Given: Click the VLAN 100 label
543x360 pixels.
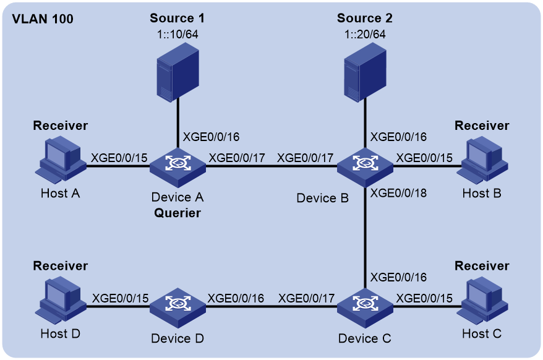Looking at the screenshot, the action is click(43, 19).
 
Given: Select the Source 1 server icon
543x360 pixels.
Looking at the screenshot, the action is click(177, 72).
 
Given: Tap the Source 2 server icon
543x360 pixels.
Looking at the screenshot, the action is click(365, 72).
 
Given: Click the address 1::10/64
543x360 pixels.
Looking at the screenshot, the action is click(177, 34).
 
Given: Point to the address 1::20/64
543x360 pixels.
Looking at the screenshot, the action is click(365, 34).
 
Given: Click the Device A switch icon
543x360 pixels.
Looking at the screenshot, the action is click(177, 168).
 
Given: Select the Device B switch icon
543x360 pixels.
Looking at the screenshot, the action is click(365, 168).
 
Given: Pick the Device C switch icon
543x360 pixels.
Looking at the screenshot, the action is click(365, 308).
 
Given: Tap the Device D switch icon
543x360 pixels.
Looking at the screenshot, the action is click(177, 308).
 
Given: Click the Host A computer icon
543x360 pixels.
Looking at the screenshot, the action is click(61, 160).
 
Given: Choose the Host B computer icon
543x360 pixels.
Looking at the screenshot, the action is click(482, 160).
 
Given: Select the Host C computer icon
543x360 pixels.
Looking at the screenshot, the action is click(482, 300).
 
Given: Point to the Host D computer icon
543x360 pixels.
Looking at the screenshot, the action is click(61, 300).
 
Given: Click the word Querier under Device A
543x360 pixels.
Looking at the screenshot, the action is click(177, 213).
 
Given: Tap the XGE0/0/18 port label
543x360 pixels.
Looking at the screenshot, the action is click(399, 193).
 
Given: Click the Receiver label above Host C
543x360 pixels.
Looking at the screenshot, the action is click(482, 266).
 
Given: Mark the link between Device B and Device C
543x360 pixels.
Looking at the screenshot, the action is click(365, 238).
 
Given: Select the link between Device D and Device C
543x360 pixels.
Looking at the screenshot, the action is click(271, 306).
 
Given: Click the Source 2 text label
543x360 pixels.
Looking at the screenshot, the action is click(365, 18).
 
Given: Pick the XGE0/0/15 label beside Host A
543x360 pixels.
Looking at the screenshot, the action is click(119, 158).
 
